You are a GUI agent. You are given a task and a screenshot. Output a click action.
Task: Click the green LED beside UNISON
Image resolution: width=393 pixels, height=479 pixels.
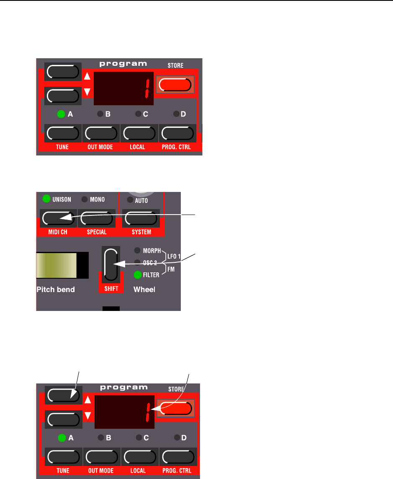click(x=46, y=199)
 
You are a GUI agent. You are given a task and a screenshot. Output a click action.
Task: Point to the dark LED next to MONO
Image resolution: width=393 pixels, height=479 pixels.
click(x=84, y=199)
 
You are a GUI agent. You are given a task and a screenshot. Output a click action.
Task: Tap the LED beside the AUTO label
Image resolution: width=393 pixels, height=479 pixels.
click(x=130, y=201)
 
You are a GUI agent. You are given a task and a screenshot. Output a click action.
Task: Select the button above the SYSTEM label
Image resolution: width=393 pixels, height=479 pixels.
click(x=141, y=218)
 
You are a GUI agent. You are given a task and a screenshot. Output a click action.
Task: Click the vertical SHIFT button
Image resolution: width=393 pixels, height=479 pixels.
click(x=111, y=264)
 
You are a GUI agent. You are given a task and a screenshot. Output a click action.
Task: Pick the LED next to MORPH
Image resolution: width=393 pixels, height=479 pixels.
click(x=137, y=251)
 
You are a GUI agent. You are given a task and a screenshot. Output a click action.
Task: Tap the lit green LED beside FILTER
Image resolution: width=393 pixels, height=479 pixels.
click(x=137, y=275)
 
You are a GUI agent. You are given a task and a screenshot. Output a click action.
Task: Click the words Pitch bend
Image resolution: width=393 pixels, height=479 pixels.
click(x=55, y=290)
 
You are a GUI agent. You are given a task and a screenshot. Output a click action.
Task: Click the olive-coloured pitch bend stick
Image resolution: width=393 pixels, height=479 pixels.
click(x=57, y=265)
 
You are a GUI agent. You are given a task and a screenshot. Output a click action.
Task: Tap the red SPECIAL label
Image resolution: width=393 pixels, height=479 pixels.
click(x=97, y=232)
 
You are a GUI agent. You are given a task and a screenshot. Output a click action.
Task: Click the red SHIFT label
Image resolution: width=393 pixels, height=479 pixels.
click(x=111, y=289)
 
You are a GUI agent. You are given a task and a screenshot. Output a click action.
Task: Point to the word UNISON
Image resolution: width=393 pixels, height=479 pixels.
click(x=62, y=199)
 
